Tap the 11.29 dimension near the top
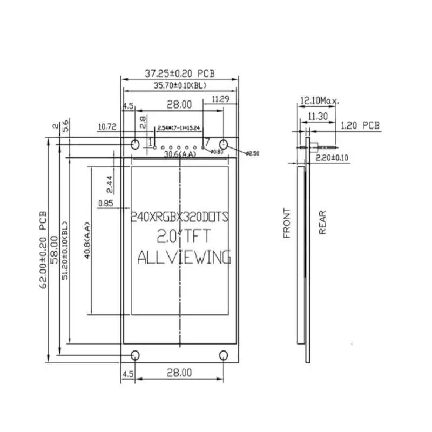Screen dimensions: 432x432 tap(221, 99)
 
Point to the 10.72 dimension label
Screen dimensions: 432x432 tap(107, 127)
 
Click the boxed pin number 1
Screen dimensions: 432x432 tap(151, 141)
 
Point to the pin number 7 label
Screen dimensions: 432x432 tap(207, 141)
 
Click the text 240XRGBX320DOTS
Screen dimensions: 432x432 tap(180, 217)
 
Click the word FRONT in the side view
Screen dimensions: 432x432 tap(287, 223)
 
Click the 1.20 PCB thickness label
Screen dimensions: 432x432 tap(360, 126)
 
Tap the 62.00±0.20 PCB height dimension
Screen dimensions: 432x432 tap(44, 249)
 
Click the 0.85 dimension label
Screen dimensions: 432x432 tap(106, 204)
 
